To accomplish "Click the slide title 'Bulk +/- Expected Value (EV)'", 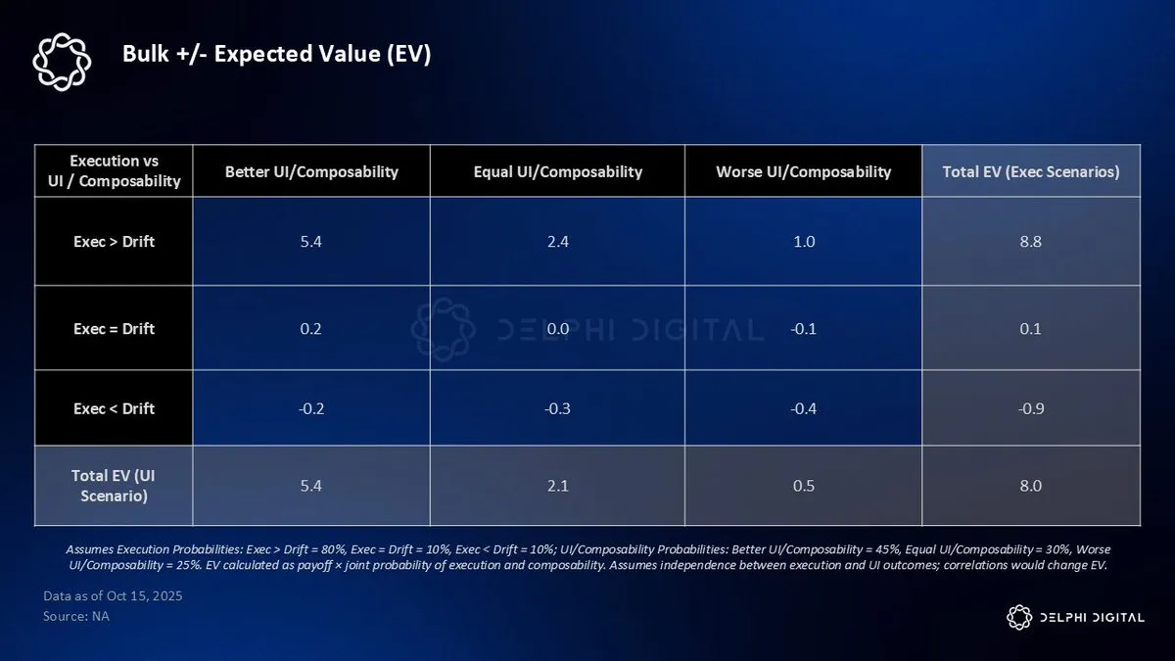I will point(276,54).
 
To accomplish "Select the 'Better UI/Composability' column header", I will point(311,171).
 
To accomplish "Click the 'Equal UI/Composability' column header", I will point(557,171).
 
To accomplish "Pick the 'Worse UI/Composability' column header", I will point(803,171).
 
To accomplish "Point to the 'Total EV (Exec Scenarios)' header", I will point(1031,171).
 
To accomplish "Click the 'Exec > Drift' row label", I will point(114,242).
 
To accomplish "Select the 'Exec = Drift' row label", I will point(114,328).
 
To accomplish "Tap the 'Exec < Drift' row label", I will point(114,408).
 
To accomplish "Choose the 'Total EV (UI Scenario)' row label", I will point(114,486).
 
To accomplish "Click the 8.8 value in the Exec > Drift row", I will point(1031,242).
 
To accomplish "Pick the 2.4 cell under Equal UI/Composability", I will point(557,242).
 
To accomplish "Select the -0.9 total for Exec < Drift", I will point(1031,408).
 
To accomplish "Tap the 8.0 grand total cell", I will point(1031,486).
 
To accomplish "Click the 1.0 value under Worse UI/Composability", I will point(803,242).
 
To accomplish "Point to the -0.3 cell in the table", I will point(557,408).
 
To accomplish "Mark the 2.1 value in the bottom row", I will point(557,486).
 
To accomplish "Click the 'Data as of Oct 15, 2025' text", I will point(113,596).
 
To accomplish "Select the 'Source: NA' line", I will point(76,616).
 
